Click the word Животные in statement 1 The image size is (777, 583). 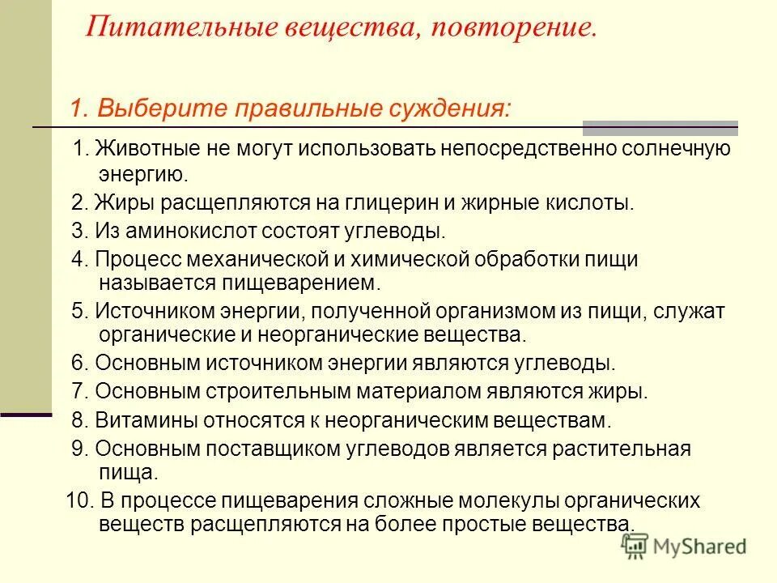[138, 150]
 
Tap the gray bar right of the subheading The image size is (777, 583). [660, 127]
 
